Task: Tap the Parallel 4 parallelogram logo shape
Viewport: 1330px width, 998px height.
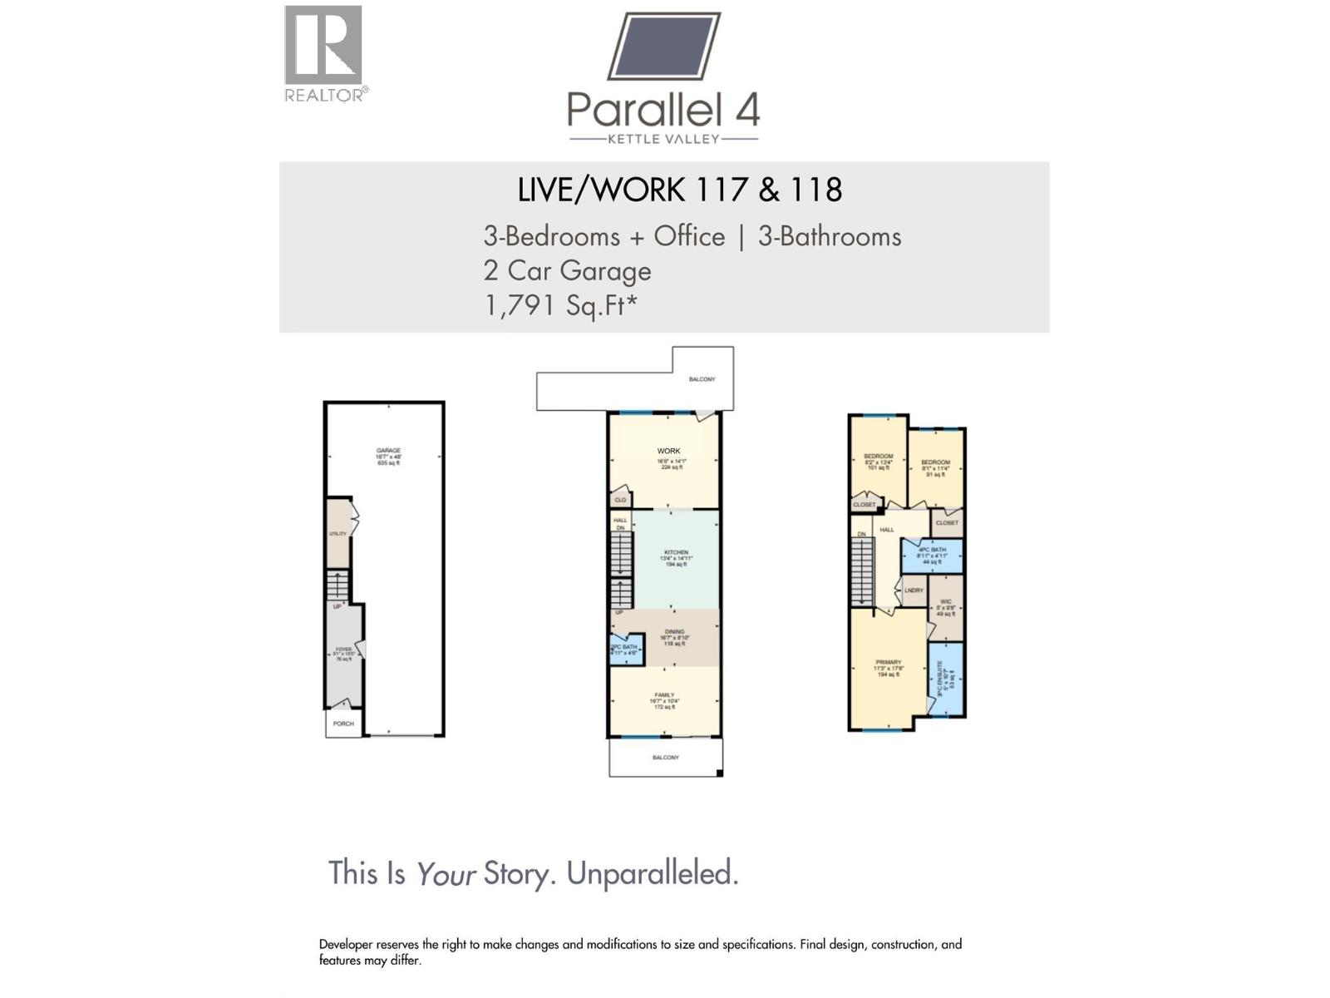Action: point(664,46)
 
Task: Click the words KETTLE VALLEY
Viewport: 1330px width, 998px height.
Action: point(663,139)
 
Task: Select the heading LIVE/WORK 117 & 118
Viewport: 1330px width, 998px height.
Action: point(679,190)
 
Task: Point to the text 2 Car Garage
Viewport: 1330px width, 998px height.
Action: point(567,271)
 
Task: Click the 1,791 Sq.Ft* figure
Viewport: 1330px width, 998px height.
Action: point(560,305)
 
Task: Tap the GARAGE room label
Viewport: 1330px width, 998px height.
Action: point(388,451)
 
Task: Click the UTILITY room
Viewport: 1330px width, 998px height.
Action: point(337,534)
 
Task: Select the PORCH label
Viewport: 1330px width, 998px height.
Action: point(343,724)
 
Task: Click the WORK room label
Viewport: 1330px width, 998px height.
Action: point(668,452)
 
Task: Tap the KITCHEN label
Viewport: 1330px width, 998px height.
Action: point(676,552)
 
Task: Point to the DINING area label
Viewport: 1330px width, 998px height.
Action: point(674,632)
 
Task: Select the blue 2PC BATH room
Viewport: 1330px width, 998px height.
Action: point(626,649)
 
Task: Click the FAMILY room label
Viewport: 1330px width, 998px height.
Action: point(664,695)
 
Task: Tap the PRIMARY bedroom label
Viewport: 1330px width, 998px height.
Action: point(888,663)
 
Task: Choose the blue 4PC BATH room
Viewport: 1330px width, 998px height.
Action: point(933,555)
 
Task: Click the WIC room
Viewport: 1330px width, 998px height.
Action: point(946,606)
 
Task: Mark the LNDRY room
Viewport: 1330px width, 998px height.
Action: point(914,590)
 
